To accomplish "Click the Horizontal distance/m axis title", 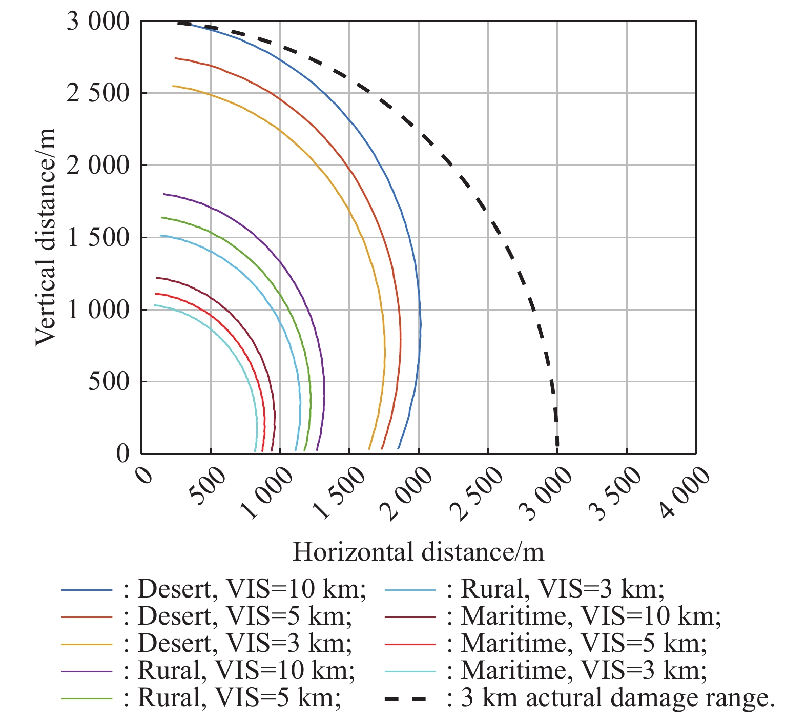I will click(418, 552).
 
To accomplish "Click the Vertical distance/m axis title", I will click(45, 237).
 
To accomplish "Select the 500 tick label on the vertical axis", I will click(109, 382).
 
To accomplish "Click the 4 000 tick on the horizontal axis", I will click(685, 492).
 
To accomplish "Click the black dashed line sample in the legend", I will click(405, 698).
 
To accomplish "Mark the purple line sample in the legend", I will click(86, 671).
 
